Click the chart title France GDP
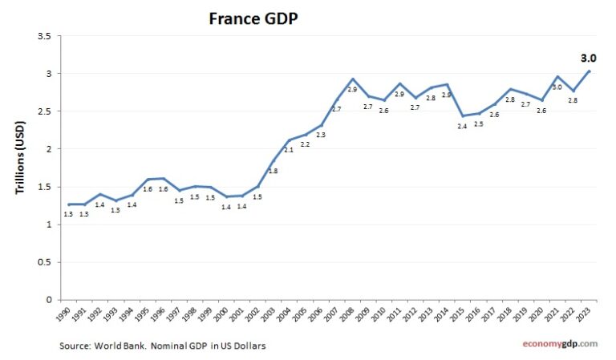coord(253,18)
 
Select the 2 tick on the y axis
coord(48,149)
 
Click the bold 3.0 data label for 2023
coord(588,58)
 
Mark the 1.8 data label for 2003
coord(273,171)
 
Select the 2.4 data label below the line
coord(462,127)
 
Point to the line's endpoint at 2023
coord(590,71)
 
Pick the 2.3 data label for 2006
coord(321,135)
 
